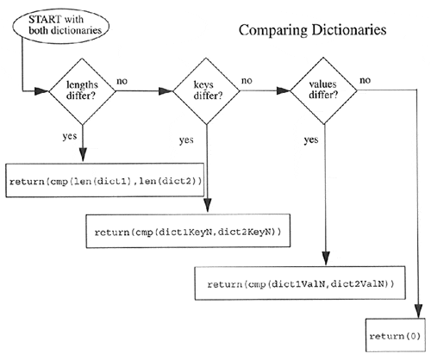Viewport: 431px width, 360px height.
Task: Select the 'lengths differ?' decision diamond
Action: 82,89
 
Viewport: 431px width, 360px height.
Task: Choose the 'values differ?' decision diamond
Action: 323,89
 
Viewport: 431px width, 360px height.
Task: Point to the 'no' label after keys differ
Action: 247,81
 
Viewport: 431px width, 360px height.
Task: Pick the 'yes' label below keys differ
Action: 186,139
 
